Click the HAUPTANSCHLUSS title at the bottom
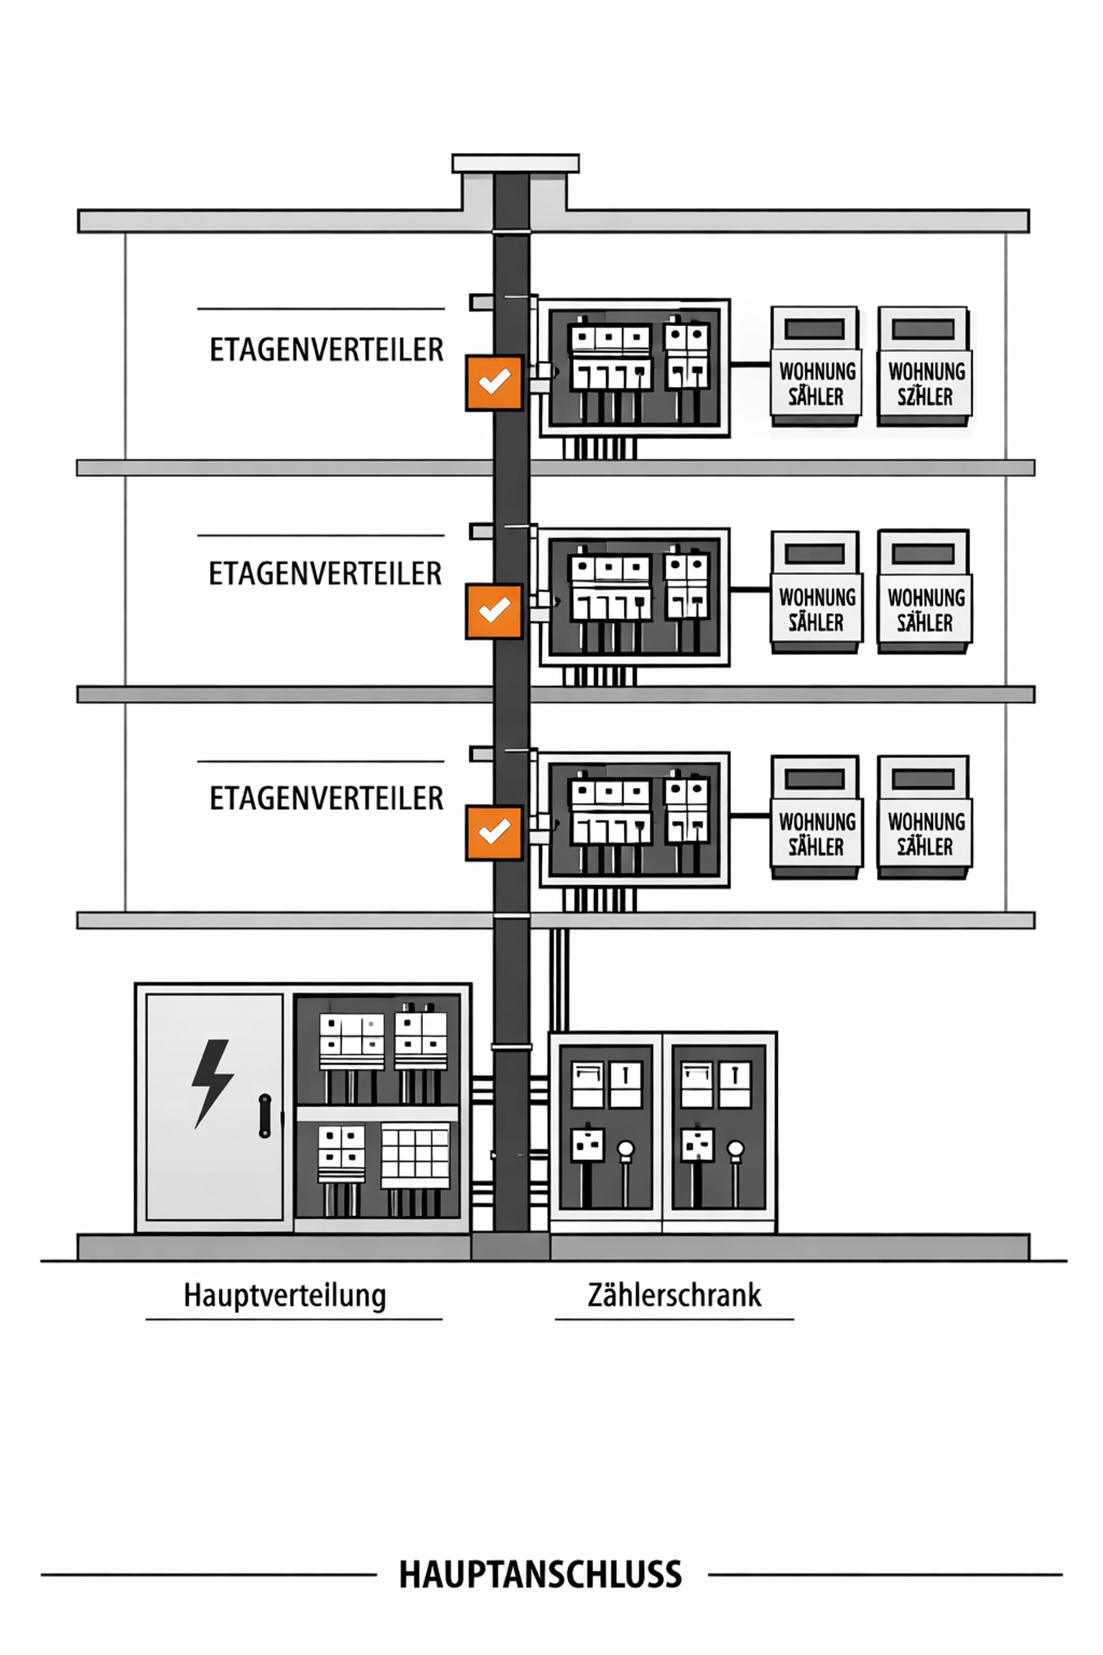[540, 1575]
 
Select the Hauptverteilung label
[285, 1295]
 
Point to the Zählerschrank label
[674, 1295]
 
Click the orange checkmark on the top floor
[494, 382]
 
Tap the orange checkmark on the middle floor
[494, 611]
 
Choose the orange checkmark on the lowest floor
[494, 833]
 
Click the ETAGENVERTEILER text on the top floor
[326, 350]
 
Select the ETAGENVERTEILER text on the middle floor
[325, 574]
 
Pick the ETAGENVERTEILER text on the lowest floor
[326, 798]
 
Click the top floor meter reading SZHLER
[925, 384]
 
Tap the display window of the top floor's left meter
[814, 329]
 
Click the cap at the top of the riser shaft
[515, 163]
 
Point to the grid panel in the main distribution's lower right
[415, 1156]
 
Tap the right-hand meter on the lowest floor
[924, 818]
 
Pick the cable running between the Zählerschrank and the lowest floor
[559, 981]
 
